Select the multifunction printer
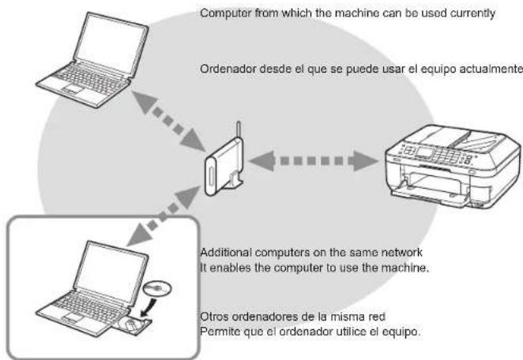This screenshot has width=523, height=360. (x=453, y=166)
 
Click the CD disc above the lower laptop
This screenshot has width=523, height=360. (x=157, y=288)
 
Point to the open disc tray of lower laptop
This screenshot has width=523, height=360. (x=135, y=324)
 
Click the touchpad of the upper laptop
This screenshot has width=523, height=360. (x=73, y=88)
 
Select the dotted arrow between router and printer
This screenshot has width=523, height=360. (x=314, y=161)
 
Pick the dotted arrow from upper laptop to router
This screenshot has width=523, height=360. (x=168, y=121)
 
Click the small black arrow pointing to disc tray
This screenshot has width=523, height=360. (x=149, y=307)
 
